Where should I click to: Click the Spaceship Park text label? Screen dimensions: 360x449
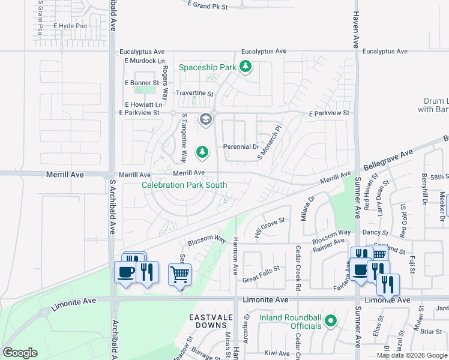pos(208,67)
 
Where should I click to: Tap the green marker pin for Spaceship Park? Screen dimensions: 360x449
pos(245,67)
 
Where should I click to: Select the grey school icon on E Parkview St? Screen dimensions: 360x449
pos(206,119)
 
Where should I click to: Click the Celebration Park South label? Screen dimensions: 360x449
pos(184,185)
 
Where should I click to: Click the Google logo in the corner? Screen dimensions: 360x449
pos(20,353)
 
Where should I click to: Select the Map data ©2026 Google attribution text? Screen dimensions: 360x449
pos(412,355)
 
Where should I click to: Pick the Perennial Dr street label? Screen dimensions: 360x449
pos(241,146)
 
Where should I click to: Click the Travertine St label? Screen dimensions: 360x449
pos(194,94)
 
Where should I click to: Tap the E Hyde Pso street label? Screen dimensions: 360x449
pos(70,26)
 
